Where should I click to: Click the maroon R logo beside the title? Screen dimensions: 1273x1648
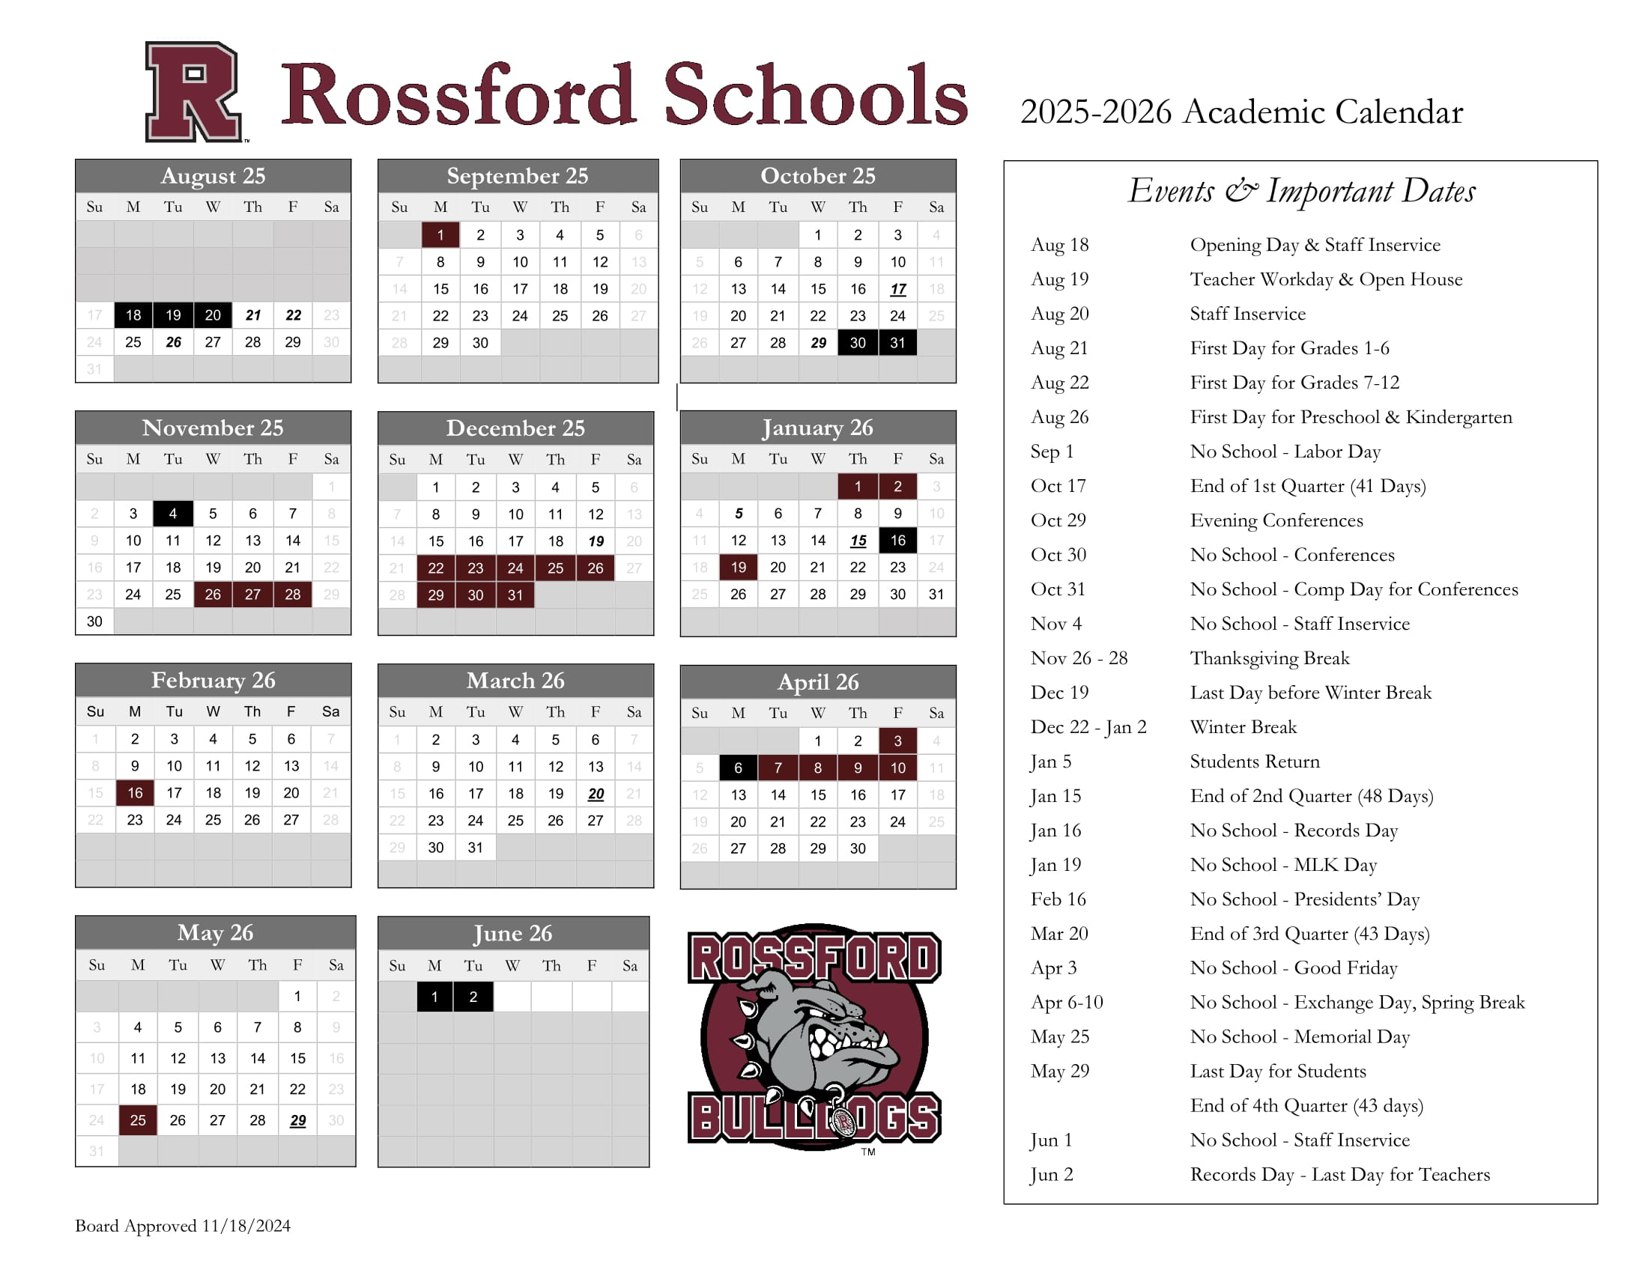tap(194, 92)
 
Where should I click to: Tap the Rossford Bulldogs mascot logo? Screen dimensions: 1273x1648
tap(814, 1037)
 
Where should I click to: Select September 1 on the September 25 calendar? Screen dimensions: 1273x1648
tap(440, 235)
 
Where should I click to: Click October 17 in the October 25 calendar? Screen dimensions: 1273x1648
tap(897, 289)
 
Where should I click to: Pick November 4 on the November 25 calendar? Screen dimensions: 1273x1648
tap(173, 514)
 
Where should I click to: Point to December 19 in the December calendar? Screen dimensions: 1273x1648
tap(596, 541)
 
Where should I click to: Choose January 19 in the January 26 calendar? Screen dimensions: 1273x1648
tap(738, 567)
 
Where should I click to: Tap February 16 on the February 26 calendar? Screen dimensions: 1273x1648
tap(135, 792)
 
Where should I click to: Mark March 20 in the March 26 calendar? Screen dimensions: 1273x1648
tap(596, 793)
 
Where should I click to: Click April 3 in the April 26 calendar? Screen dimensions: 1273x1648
tap(897, 741)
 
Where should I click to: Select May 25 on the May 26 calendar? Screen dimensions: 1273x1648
tap(137, 1120)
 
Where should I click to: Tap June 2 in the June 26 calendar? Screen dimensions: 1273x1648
tap(473, 997)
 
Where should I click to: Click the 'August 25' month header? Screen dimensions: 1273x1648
tap(213, 176)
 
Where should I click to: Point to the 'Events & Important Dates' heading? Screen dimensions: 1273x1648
tap(1301, 191)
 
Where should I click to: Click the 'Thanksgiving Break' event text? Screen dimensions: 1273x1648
tap(1269, 658)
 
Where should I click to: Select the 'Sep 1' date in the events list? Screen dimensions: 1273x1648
tap(1051, 452)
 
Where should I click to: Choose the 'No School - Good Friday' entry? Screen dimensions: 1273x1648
tap(1294, 967)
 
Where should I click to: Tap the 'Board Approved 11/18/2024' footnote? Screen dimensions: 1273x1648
tap(183, 1226)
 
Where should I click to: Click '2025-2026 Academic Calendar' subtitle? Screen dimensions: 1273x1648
tap(1241, 112)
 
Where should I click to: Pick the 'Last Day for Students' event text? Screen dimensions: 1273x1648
tap(1277, 1071)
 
